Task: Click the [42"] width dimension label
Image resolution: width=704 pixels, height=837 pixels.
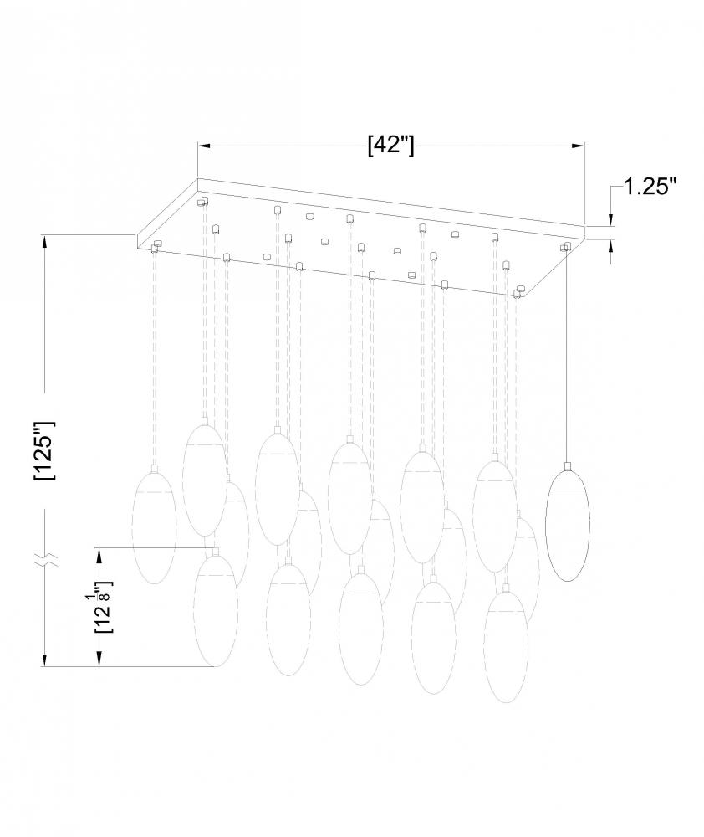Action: [x=391, y=145]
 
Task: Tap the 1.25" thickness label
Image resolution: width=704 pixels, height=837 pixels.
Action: [x=650, y=187]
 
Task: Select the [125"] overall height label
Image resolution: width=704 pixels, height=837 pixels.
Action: [x=44, y=451]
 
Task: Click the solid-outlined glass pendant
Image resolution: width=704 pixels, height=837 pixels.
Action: [x=568, y=524]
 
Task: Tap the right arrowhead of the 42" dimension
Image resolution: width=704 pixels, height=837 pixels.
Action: [x=579, y=145]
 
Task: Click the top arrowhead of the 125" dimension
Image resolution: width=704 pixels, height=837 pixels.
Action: [x=45, y=241]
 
